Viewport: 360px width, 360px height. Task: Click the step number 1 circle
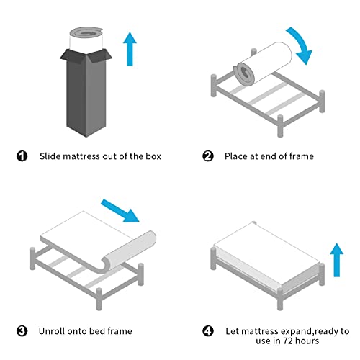coord(22,156)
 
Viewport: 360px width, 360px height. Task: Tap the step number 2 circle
coord(208,156)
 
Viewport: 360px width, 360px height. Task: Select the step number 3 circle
coord(22,331)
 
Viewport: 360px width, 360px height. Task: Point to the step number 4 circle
coord(208,331)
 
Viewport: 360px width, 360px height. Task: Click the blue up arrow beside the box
coord(130,49)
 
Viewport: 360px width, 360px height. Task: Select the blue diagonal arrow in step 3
coord(120,210)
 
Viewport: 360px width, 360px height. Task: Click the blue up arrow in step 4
coord(337,260)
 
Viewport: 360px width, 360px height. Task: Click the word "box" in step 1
coord(153,156)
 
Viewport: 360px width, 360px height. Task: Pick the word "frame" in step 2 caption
coord(302,156)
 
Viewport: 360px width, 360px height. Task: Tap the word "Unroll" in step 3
coord(52,331)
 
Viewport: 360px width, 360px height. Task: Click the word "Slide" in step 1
coord(50,156)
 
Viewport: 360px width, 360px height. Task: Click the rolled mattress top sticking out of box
coord(86,38)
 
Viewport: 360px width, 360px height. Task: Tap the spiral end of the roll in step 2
coord(244,73)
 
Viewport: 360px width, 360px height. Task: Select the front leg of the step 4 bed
coord(280,300)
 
